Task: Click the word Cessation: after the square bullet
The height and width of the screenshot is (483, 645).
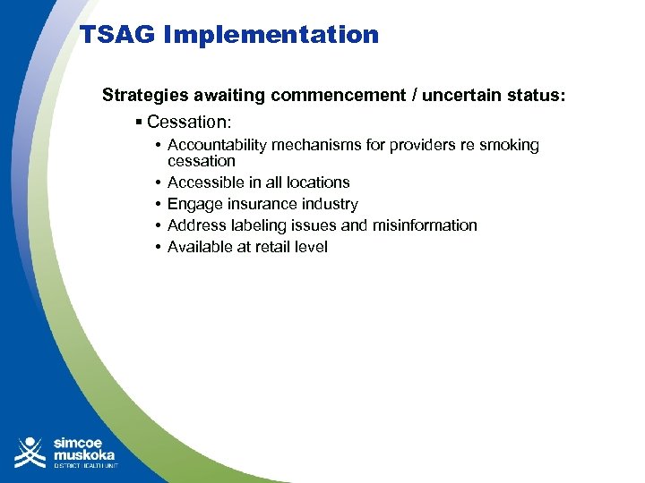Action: coord(189,122)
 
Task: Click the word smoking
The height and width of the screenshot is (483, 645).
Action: coord(509,145)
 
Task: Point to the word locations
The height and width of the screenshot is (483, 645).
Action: coord(316,182)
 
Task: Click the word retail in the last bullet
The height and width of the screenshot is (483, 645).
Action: coord(271,247)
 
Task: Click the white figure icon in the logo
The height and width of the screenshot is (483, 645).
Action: coord(30,452)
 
